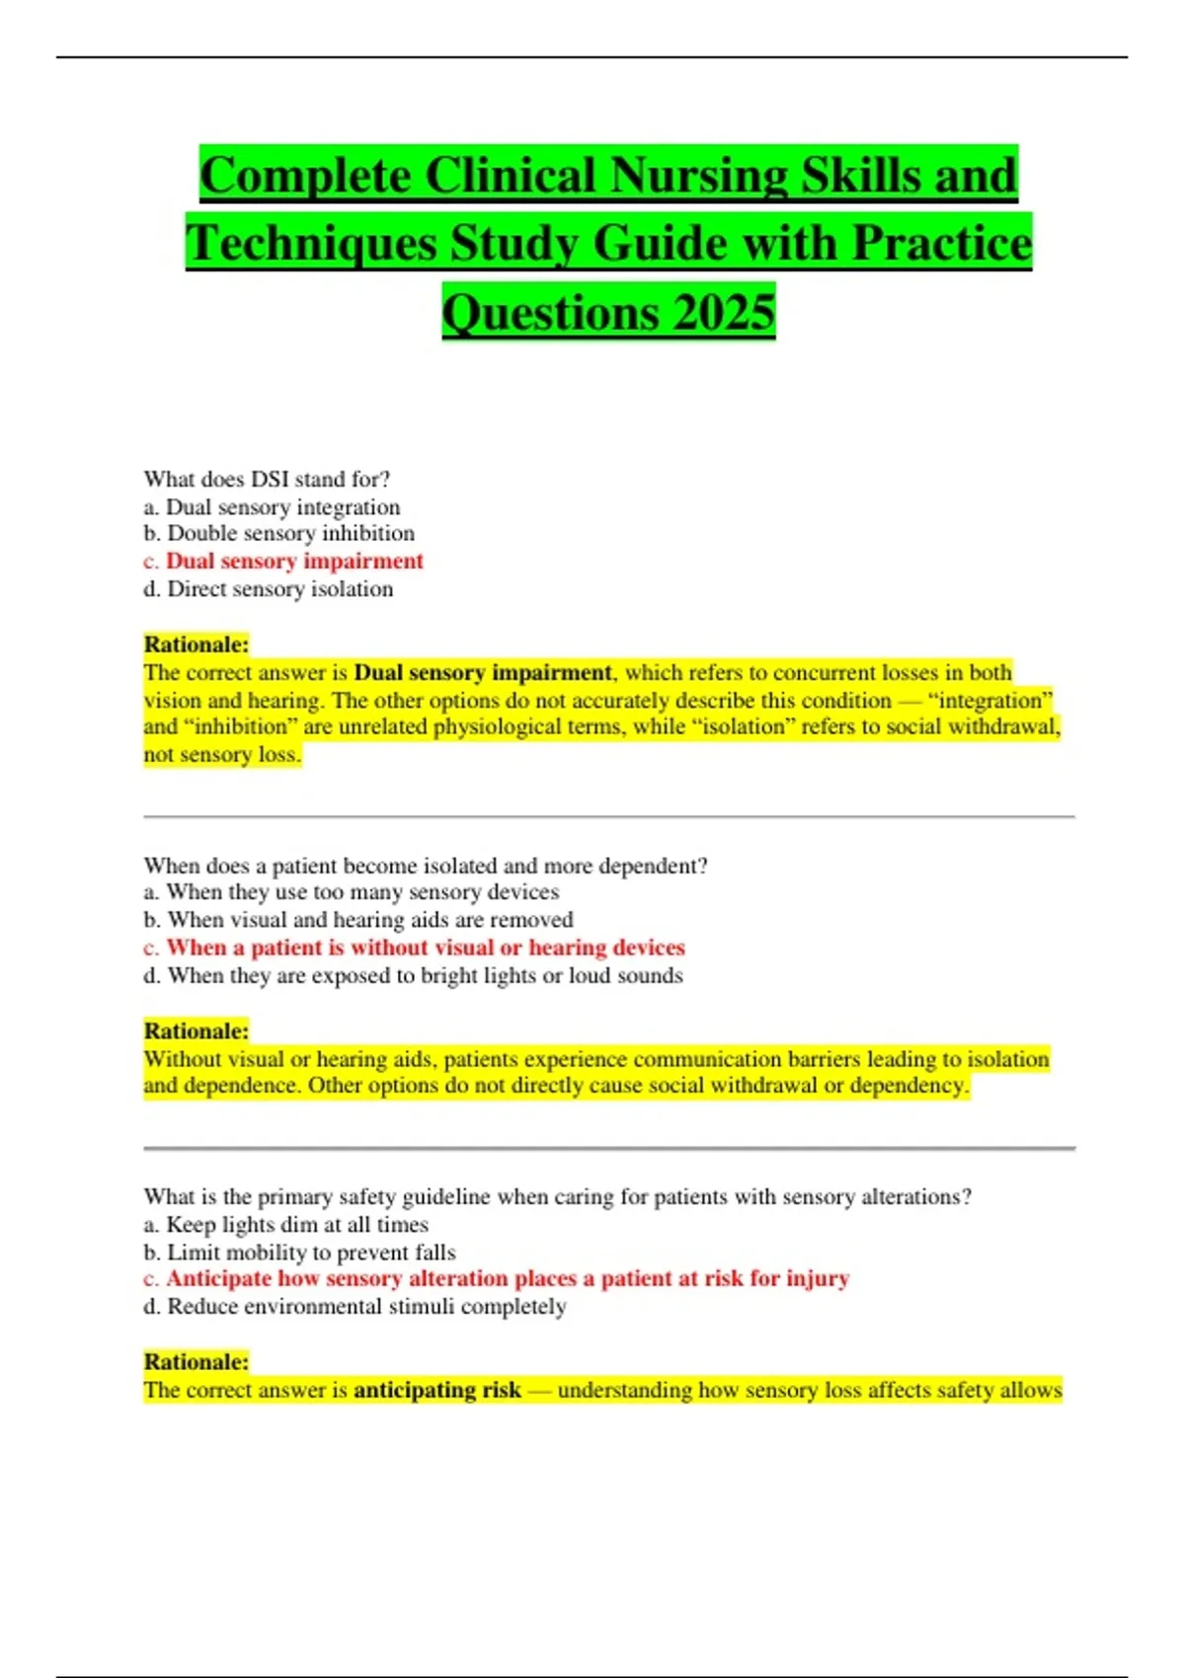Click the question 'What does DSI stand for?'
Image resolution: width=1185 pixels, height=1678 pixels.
pyautogui.click(x=267, y=479)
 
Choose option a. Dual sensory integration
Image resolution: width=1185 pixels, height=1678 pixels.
pyautogui.click(x=272, y=507)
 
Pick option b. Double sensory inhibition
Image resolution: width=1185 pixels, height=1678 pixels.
pyautogui.click(x=278, y=533)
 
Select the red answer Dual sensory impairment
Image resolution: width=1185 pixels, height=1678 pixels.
pyautogui.click(x=294, y=561)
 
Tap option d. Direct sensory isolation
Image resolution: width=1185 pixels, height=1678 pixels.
pyautogui.click(x=269, y=589)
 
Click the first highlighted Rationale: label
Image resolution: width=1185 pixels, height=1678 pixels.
pyautogui.click(x=196, y=645)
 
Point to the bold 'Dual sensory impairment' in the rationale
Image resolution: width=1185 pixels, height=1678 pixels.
pyautogui.click(x=483, y=673)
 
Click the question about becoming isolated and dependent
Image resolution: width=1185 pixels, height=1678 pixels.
pyautogui.click(x=426, y=866)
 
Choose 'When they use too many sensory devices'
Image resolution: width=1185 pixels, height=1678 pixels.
pyautogui.click(x=352, y=892)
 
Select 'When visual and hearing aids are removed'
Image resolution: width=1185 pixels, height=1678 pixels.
pyautogui.click(x=358, y=920)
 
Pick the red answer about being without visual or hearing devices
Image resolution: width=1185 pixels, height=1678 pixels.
pyautogui.click(x=425, y=948)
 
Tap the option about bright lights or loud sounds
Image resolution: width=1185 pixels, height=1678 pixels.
pyautogui.click(x=414, y=975)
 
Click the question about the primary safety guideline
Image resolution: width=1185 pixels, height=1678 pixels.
pyautogui.click(x=557, y=1196)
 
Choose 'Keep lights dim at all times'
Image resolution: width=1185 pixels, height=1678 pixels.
pyautogui.click(x=286, y=1225)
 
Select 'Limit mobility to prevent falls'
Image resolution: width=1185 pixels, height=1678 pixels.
pyautogui.click(x=300, y=1253)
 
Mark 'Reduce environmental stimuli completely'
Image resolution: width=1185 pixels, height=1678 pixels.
pyautogui.click(x=355, y=1307)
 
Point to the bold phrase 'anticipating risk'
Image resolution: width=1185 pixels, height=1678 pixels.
pyautogui.click(x=436, y=1390)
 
